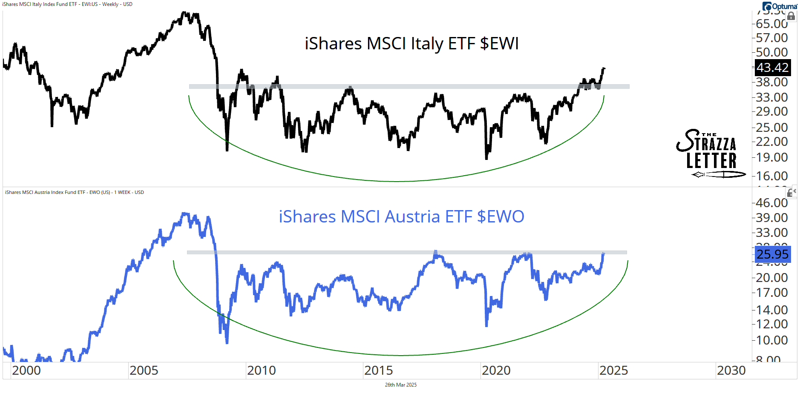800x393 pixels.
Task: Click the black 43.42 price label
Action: (x=772, y=68)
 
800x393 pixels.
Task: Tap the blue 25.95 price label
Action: (x=772, y=254)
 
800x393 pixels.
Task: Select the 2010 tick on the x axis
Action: (x=261, y=370)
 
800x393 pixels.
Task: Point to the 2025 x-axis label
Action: (x=613, y=370)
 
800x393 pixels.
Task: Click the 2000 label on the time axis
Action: (x=26, y=370)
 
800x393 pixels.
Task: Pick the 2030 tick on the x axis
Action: (x=731, y=370)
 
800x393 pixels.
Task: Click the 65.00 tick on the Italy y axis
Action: (x=771, y=24)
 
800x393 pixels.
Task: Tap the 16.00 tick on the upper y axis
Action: (x=771, y=176)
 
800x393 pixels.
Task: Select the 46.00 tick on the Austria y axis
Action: (x=771, y=203)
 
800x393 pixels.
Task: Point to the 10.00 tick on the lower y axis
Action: (x=771, y=340)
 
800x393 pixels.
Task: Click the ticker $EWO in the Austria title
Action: (x=501, y=217)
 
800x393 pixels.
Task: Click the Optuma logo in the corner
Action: (x=780, y=6)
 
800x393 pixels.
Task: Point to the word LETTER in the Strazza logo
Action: (x=711, y=161)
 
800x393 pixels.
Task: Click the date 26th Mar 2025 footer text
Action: (x=400, y=385)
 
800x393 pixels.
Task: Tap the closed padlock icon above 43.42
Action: (x=791, y=16)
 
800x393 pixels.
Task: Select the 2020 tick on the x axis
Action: (x=496, y=370)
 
